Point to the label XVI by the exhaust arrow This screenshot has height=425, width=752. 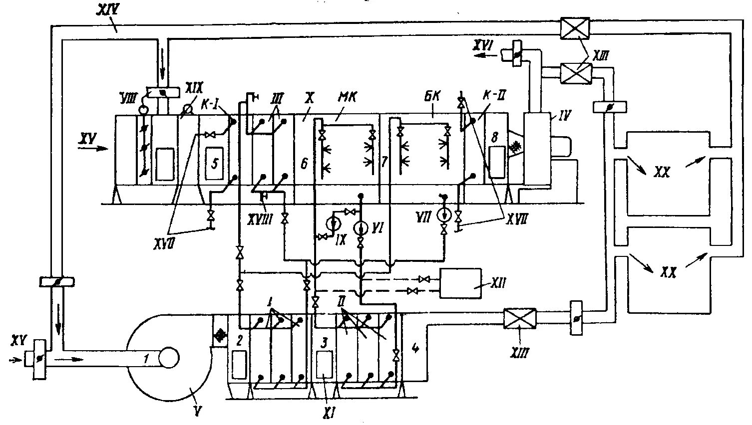[484, 47]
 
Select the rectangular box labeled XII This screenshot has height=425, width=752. [460, 283]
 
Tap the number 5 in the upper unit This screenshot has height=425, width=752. [215, 163]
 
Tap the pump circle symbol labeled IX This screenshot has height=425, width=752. [333, 221]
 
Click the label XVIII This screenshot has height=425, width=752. [260, 219]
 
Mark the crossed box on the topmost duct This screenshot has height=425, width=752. [574, 28]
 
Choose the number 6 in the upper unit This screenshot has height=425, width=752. [304, 163]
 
